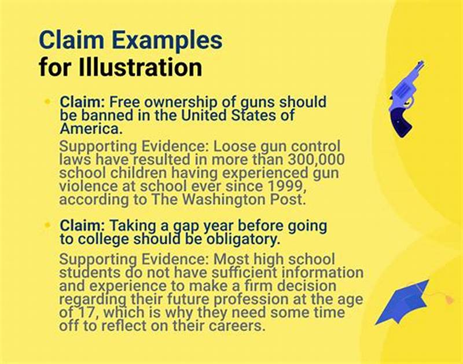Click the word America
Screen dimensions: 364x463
pyautogui.click(x=88, y=128)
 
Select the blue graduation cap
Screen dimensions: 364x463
pyautogui.click(x=405, y=302)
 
